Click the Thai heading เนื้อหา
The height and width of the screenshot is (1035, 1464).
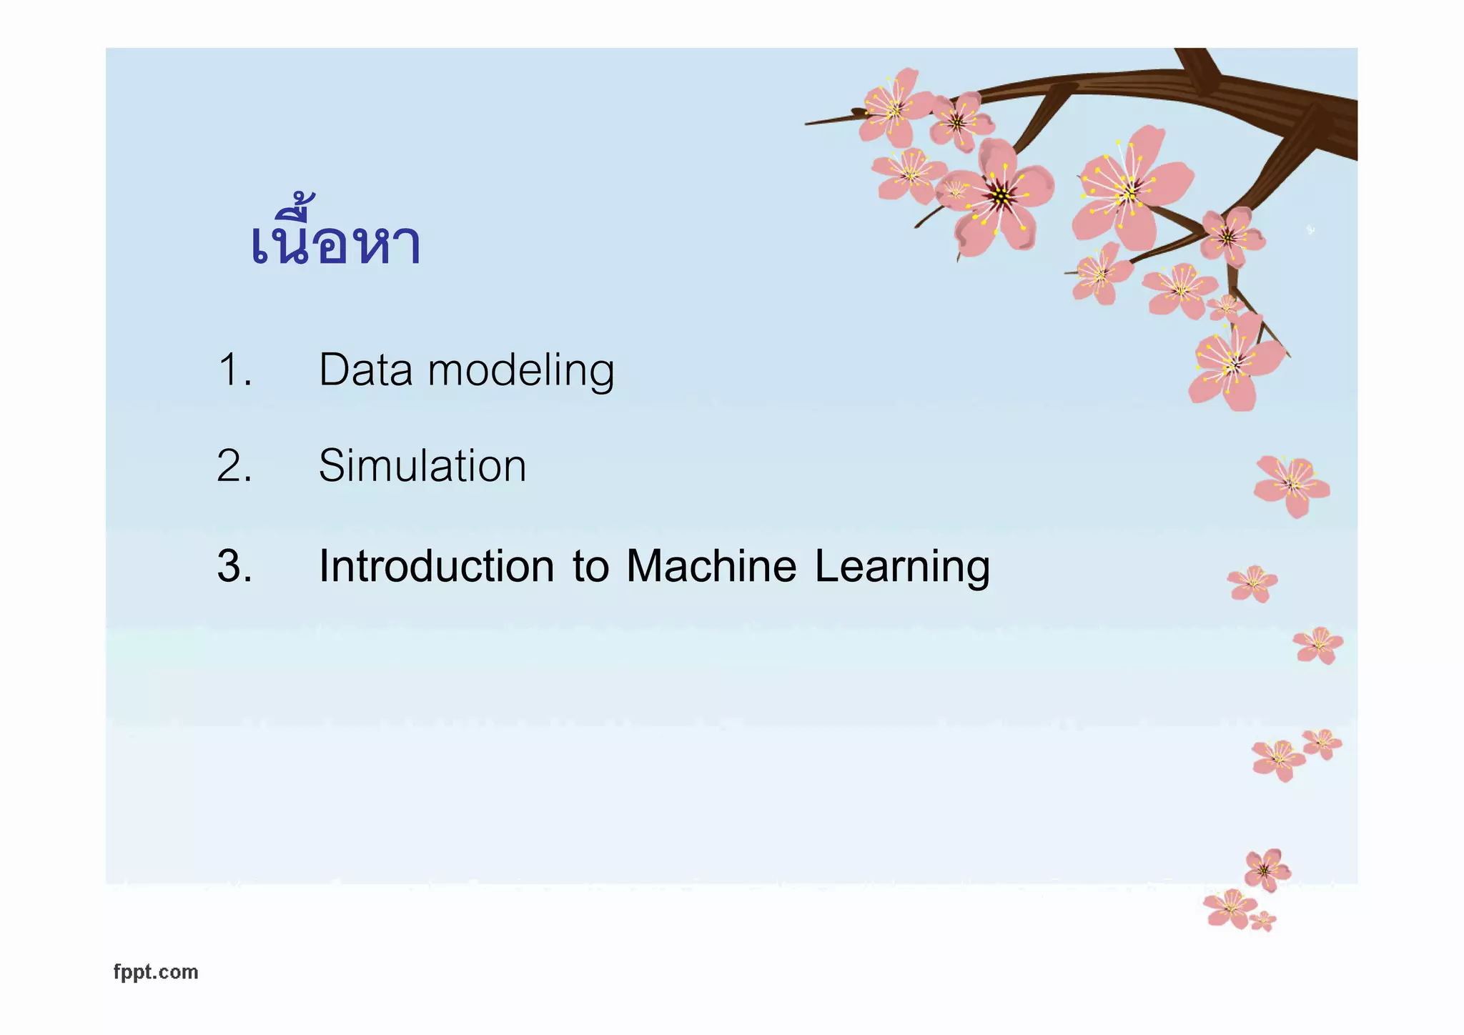tap(336, 239)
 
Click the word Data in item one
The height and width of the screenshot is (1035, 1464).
tap(365, 370)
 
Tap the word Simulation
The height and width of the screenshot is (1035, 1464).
tap(422, 466)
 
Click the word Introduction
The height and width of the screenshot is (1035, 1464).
tap(436, 566)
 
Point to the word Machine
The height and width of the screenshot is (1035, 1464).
tap(711, 566)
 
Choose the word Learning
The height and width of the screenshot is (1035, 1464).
tap(901, 568)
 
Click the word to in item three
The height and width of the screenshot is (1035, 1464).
tap(590, 567)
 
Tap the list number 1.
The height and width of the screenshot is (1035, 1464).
tap(234, 370)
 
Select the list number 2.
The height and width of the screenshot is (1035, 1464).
tap(234, 466)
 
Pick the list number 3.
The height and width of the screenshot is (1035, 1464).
tap(234, 566)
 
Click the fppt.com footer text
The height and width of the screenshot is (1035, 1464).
tap(156, 972)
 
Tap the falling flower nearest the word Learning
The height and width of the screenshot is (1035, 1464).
tap(1252, 583)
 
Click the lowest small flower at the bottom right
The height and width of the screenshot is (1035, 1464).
tap(1262, 921)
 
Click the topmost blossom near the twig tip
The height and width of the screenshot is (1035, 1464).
tap(894, 107)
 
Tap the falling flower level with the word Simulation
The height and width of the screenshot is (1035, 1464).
tap(1291, 485)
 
